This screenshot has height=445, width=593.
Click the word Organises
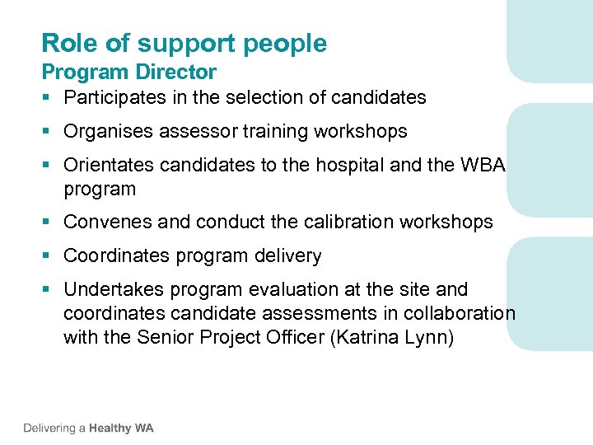pos(108,132)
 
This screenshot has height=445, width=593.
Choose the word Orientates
pos(110,166)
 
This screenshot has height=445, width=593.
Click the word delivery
pos(288,256)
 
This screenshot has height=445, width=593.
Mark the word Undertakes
pos(111,290)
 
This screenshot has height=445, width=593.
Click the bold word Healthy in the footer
pos(110,428)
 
